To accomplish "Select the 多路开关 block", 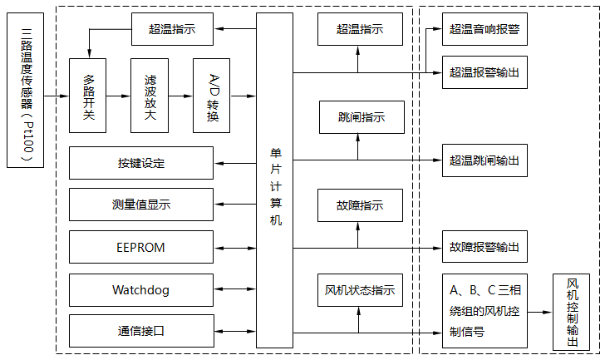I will [88, 96].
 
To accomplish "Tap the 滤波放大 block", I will [150, 96].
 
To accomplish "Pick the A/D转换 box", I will [212, 96].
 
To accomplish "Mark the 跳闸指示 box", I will [360, 117].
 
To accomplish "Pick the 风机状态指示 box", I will [360, 290].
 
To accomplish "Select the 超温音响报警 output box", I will [484, 29].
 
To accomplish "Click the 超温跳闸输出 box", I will [484, 160].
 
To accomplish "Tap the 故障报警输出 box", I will [484, 247].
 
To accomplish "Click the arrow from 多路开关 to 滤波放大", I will [119, 96].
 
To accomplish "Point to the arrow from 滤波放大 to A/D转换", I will [181, 96].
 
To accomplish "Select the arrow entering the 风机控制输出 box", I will [540, 313].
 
